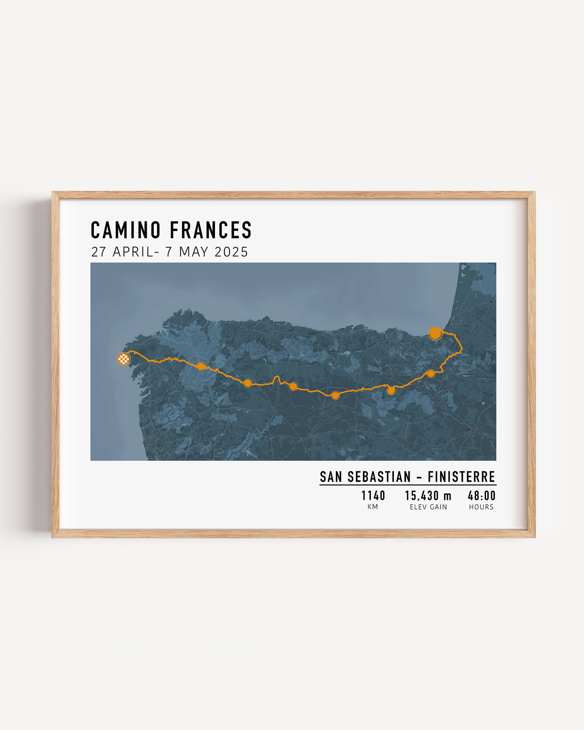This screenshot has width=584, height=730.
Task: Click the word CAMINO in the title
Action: pos(126,230)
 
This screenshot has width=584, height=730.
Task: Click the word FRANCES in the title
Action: pos(211,230)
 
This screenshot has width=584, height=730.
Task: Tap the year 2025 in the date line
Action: pos(231,252)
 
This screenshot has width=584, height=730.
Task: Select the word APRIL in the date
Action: pos(133,252)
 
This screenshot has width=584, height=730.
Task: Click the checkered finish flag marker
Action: pos(124,359)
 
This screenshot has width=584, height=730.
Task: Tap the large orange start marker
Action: pos(435,333)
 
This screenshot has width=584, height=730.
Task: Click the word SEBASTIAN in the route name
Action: pos(379,477)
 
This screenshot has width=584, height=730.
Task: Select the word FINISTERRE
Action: pos(461,477)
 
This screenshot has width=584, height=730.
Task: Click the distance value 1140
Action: pos(373,496)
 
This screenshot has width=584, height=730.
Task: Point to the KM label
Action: pos(373,507)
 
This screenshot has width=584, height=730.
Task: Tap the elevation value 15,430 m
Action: pos(428,496)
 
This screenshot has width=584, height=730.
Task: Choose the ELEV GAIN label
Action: pos(428,507)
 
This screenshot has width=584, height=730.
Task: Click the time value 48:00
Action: pos(481,496)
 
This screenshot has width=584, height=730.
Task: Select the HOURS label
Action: pos(481,507)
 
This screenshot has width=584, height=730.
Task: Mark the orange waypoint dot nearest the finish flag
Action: pos(201,366)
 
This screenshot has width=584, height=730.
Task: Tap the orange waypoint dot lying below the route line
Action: pos(391,391)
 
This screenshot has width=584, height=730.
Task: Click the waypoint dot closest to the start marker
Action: pos(431,373)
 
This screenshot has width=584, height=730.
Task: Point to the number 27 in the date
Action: pos(99,252)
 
